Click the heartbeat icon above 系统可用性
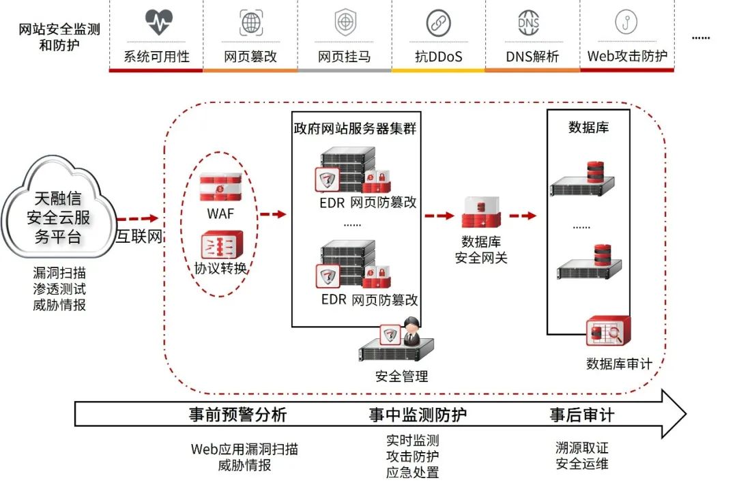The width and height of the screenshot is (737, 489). point(159,23)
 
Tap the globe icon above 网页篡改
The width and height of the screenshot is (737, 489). point(251,23)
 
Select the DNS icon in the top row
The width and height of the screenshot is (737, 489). point(529,23)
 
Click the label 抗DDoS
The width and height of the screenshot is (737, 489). point(438,57)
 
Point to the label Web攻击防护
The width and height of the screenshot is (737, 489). point(627,56)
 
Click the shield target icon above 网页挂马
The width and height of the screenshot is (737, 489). point(345,23)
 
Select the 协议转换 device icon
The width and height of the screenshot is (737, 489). point(220,244)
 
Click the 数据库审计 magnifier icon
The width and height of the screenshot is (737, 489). point(608,332)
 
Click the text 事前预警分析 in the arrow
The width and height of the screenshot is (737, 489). point(237,414)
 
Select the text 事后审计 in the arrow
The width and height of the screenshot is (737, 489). point(582,414)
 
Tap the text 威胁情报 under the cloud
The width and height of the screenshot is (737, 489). point(59,305)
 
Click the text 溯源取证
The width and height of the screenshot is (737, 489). point(582,448)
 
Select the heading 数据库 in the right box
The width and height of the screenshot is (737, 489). point(588,127)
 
